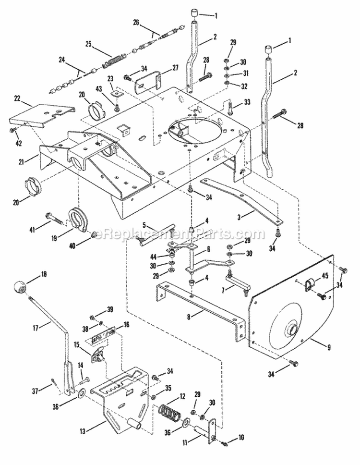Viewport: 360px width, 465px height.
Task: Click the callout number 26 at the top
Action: coord(136,23)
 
